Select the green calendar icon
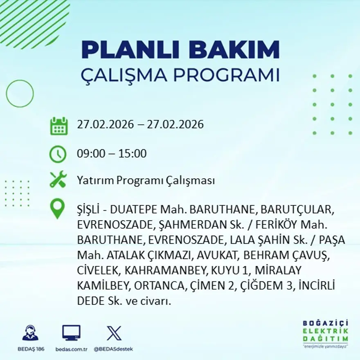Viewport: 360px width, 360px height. pyautogui.click(x=59, y=126)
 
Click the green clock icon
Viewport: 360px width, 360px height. pyautogui.click(x=58, y=154)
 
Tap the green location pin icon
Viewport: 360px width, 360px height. pyautogui.click(x=57, y=208)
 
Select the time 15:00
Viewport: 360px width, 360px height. pyautogui.click(x=133, y=154)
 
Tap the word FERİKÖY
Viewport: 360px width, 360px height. pyautogui.click(x=281, y=226)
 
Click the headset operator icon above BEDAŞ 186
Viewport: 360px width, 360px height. pyautogui.click(x=30, y=333)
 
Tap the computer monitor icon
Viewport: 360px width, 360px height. pyautogui.click(x=71, y=333)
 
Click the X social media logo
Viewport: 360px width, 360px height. pyautogui.click(x=114, y=333)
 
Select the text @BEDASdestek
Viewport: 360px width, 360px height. pyautogui.click(x=113, y=349)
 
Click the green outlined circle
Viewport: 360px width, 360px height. pyautogui.click(x=20, y=94)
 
